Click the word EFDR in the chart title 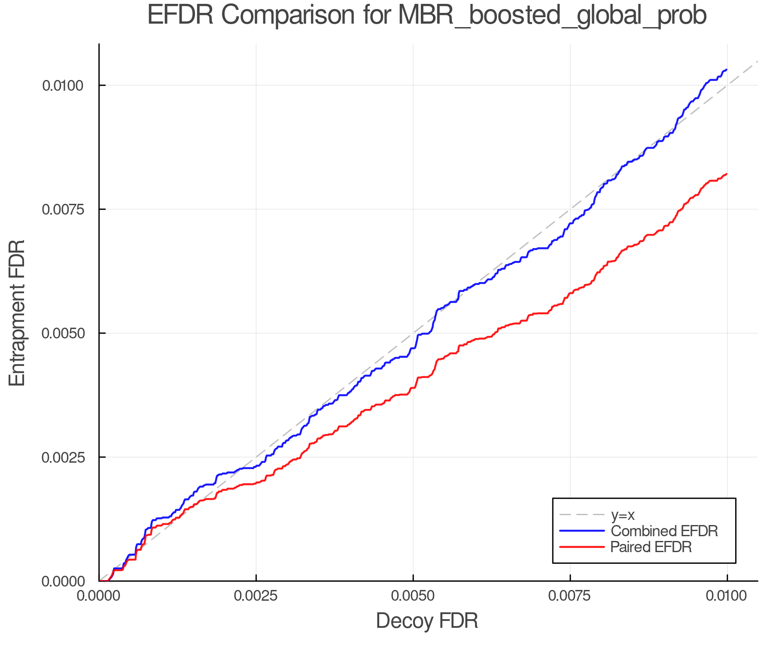(x=180, y=15)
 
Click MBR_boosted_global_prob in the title (x=552, y=15)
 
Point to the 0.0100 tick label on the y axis (x=63, y=86)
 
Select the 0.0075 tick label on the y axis (x=63, y=209)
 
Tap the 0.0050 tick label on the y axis (x=63, y=333)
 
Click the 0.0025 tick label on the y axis (x=63, y=457)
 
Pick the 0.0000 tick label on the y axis (x=63, y=581)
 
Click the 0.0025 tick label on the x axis (x=256, y=596)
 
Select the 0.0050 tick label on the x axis (x=413, y=596)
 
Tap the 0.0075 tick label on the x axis (x=570, y=596)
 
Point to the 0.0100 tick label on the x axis (x=727, y=596)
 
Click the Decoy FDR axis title (x=427, y=621)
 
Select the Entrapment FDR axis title (x=18, y=313)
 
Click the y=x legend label (x=623, y=515)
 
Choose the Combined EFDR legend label (x=664, y=531)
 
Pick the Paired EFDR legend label (x=651, y=547)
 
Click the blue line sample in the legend (x=582, y=531)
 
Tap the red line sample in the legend (x=582, y=547)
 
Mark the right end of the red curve (x=727, y=174)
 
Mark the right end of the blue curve (x=727, y=69)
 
